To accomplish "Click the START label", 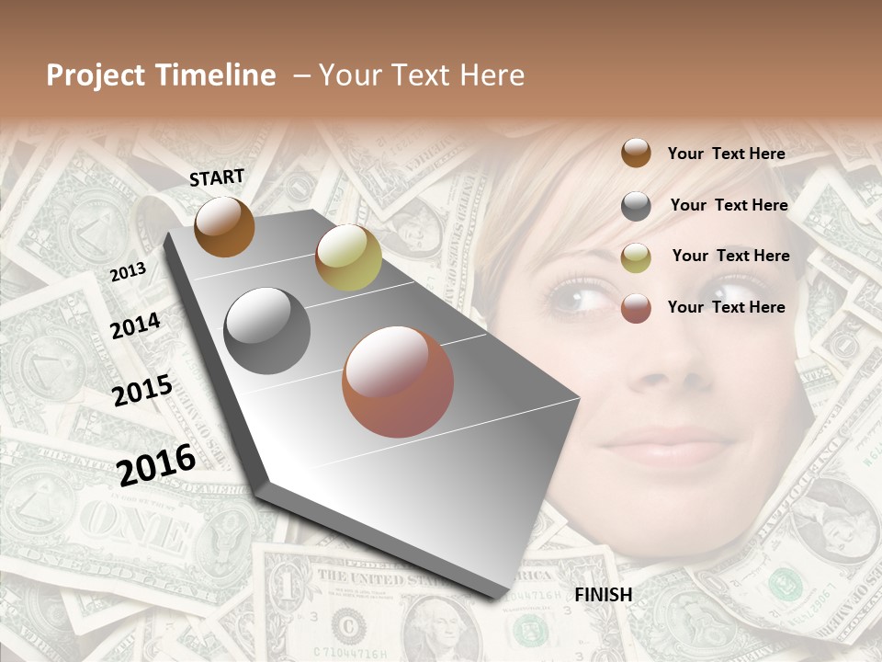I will point(217,177).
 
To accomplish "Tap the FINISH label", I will point(603,595).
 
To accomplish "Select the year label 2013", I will point(128,272).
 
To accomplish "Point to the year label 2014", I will point(135,326).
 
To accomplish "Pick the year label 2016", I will point(156,464).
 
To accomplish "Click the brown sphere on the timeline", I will point(224,226).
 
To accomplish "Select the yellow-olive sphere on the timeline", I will point(348,257).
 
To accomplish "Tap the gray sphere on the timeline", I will point(267,331).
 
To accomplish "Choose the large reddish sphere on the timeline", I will point(398,382).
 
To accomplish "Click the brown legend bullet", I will point(636,153).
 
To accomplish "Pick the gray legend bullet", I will point(636,206).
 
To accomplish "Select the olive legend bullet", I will point(636,257).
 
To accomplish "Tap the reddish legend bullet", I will point(636,308).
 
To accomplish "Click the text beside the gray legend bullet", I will point(729,205).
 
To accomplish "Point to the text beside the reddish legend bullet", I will point(726,307).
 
